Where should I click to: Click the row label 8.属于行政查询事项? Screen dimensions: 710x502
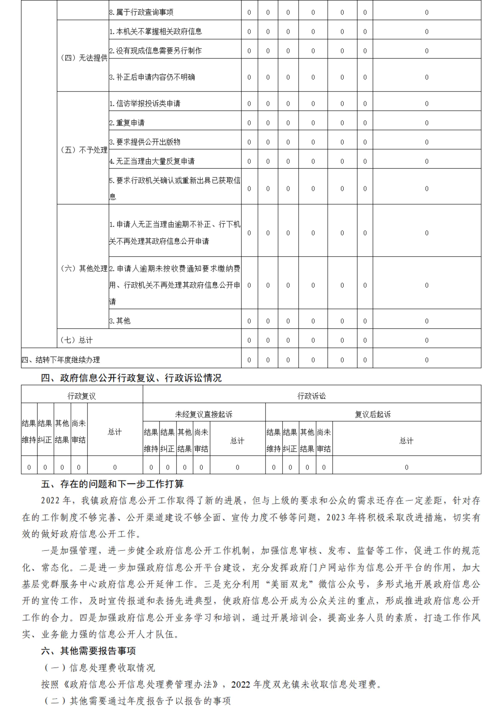coord(141,12)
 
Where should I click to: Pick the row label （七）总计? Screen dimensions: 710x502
coord(76,340)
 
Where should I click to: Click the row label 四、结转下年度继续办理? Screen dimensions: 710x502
coord(61,360)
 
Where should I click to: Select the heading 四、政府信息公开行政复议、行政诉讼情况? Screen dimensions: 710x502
coord(131,378)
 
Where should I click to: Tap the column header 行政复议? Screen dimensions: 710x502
coord(82,396)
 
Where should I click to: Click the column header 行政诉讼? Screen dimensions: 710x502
coord(311,396)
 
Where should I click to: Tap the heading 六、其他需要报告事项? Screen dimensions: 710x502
coord(88,651)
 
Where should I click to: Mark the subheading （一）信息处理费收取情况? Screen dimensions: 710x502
coord(99,668)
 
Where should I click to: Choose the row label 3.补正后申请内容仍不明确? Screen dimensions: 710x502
coord(152,77)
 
